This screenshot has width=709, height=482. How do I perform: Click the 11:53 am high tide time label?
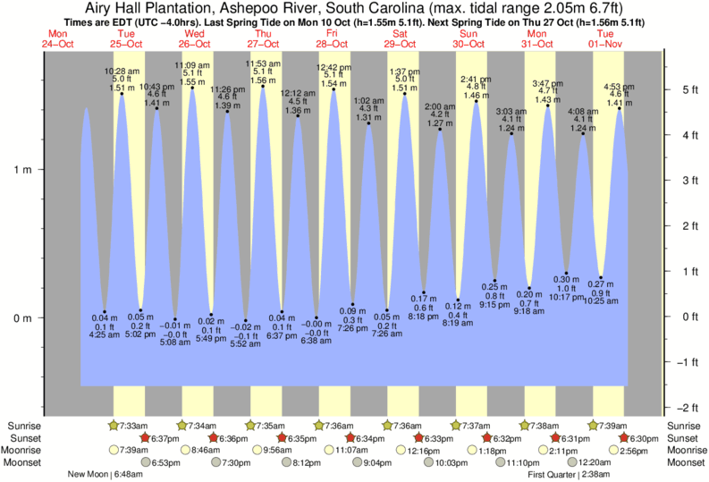point(263,63)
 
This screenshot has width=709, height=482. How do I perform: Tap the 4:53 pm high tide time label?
point(619,88)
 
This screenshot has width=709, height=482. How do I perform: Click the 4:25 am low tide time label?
point(105,336)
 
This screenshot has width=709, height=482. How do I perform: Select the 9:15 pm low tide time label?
point(494,305)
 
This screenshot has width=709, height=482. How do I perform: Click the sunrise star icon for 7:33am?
point(113,425)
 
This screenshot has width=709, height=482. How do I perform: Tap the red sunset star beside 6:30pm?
point(626,438)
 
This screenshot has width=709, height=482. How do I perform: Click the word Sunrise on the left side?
point(22,426)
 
